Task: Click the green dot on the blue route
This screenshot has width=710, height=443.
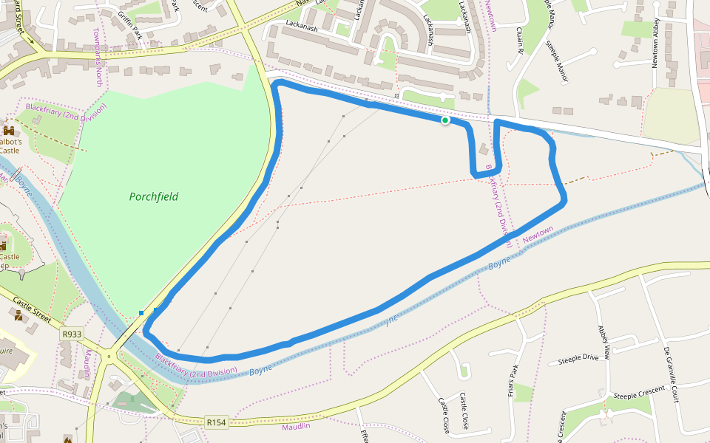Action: coord(445,120)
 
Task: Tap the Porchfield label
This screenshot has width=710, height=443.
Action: coord(154,197)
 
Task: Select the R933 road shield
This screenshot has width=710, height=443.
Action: coord(72,334)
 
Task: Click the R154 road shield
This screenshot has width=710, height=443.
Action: coord(216,422)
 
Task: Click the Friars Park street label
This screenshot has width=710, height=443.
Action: coord(511,381)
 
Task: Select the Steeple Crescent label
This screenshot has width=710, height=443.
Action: coord(639,391)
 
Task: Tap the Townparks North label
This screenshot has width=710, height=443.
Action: coord(98,57)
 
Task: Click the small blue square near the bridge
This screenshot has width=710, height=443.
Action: coord(141,313)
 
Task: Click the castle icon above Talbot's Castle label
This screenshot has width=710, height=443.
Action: coord(9,130)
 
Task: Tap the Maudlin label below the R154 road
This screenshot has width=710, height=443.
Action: coord(296,427)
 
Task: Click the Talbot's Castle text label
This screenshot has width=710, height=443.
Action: coord(9,145)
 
